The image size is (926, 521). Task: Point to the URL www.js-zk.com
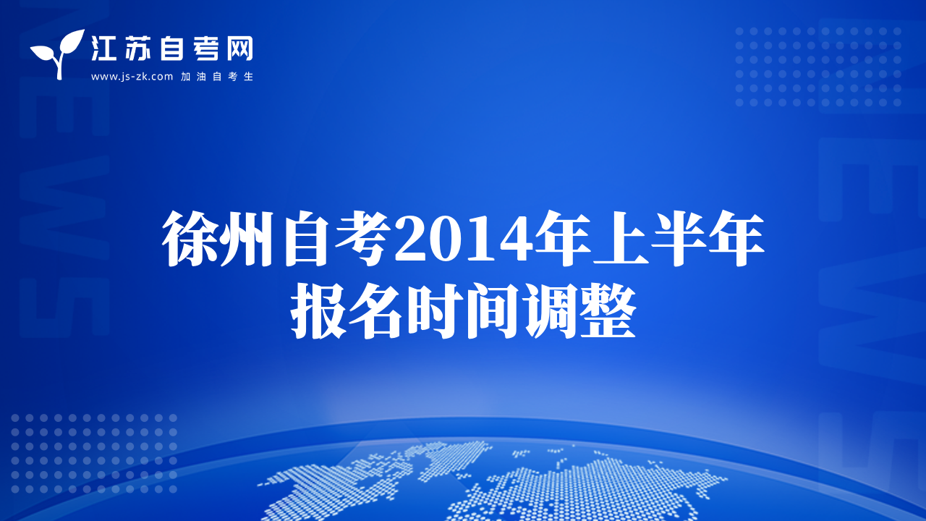(132, 77)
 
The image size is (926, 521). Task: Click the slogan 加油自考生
(217, 77)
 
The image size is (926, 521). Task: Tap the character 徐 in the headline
(190, 239)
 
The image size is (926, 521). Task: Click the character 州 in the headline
(248, 239)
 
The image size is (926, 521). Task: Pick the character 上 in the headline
(621, 239)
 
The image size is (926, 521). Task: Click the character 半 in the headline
(678, 239)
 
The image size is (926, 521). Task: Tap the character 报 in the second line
(318, 311)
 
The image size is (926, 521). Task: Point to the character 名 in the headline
(375, 311)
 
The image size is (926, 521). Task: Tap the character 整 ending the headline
(607, 311)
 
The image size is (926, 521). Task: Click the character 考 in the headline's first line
(363, 239)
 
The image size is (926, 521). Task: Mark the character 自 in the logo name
(172, 48)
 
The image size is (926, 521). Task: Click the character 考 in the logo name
(205, 48)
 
